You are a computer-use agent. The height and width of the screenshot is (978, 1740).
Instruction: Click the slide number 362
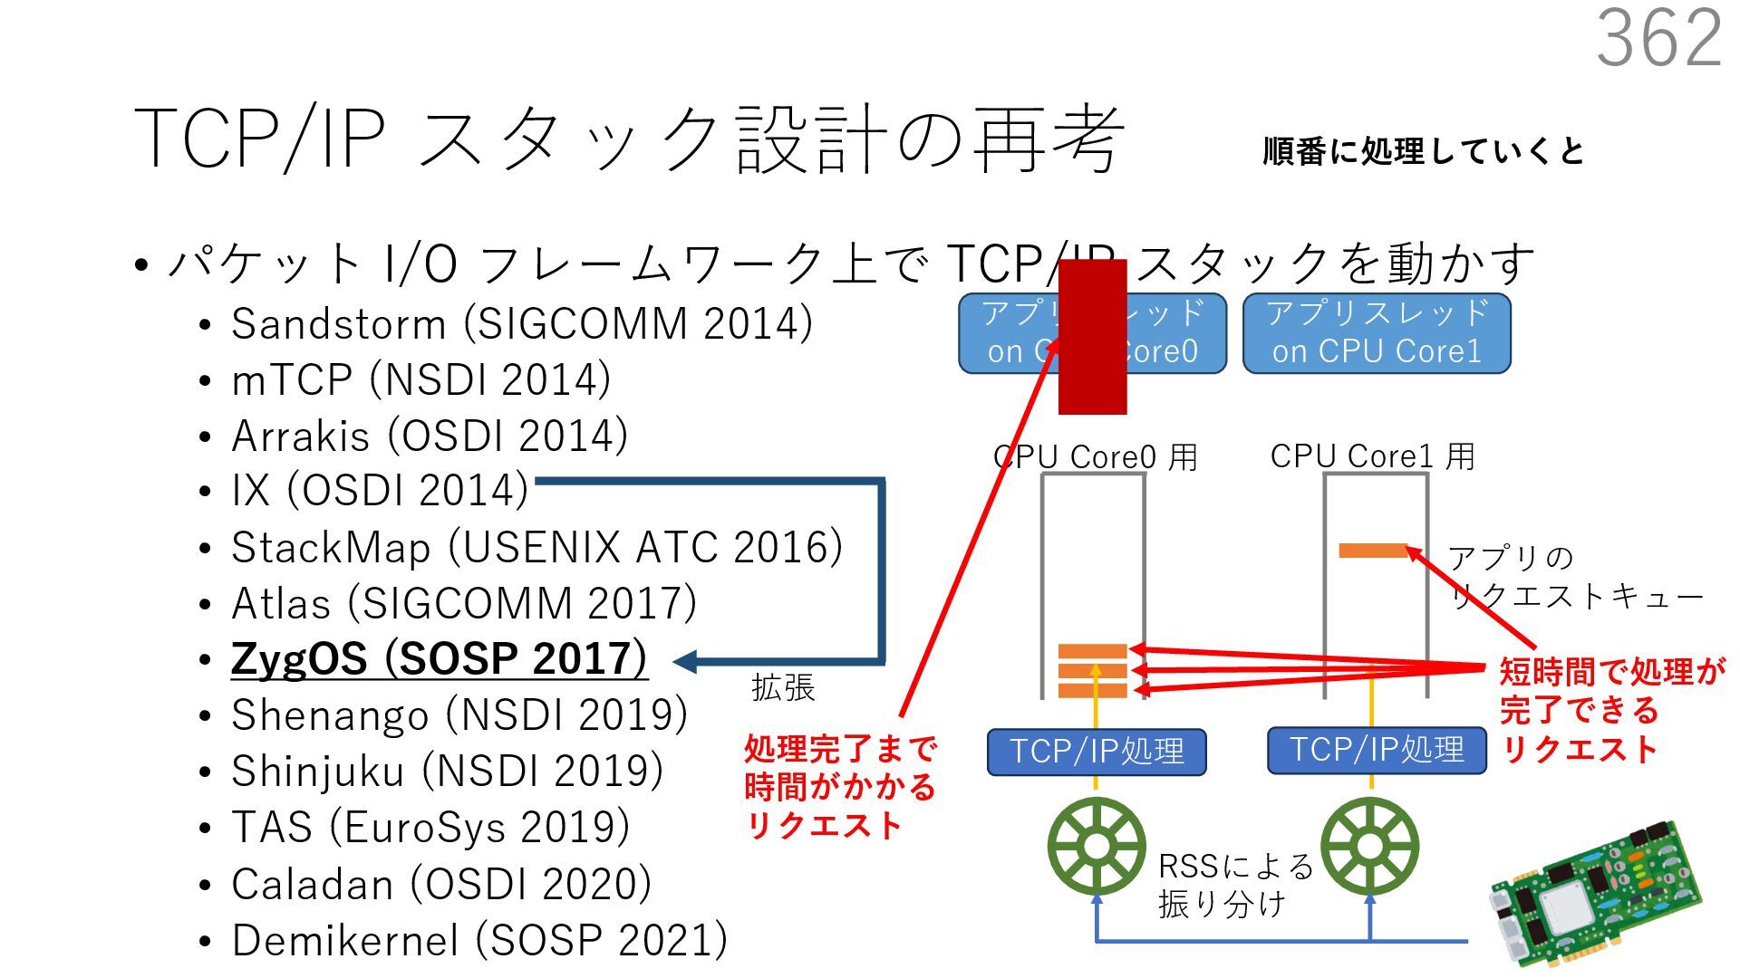1658,38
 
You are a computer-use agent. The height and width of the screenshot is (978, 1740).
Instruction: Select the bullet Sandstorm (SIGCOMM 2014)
521,324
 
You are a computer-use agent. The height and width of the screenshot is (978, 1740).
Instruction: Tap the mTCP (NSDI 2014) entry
420,379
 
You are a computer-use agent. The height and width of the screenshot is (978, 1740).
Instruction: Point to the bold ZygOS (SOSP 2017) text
439,658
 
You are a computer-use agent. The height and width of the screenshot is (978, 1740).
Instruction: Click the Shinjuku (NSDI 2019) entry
447,772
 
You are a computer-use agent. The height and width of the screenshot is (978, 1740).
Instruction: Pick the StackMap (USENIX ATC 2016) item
536,547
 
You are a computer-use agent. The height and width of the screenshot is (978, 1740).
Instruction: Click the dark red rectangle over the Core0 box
1092,337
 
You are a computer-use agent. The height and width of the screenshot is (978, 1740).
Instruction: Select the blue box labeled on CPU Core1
1376,333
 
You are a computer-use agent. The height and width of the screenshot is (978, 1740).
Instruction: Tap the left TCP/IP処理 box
1097,752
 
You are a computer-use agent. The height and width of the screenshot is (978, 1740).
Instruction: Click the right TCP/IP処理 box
1376,750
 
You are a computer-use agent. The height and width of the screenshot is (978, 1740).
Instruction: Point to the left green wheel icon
1096,847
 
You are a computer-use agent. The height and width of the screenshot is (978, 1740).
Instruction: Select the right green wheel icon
1369,847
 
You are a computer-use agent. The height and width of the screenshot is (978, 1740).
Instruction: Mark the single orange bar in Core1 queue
1372,550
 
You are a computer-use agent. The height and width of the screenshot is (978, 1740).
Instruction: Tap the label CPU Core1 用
1372,456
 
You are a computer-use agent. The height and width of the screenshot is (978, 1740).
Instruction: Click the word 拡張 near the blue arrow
783,688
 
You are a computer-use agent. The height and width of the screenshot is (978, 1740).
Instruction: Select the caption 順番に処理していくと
1423,151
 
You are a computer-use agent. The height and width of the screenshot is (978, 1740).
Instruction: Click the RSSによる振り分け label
1234,885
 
